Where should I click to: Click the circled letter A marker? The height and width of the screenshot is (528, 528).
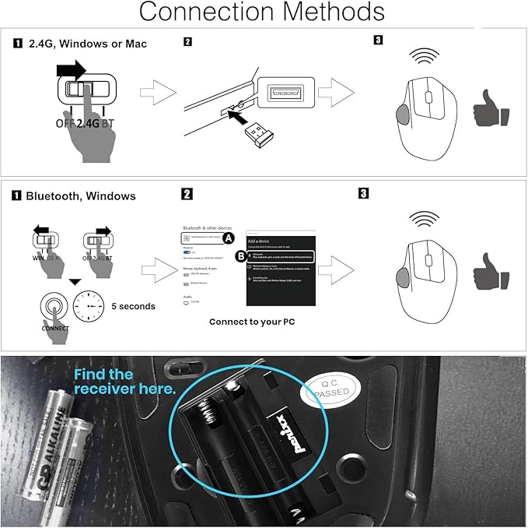pos(228,237)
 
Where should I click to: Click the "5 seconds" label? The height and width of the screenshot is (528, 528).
pos(133,306)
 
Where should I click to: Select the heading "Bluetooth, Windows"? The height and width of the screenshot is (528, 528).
pos(81,196)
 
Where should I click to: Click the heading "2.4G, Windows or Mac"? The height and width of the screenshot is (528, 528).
pos(86,44)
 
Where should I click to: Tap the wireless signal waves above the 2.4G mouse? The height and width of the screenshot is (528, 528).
pos(425,58)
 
